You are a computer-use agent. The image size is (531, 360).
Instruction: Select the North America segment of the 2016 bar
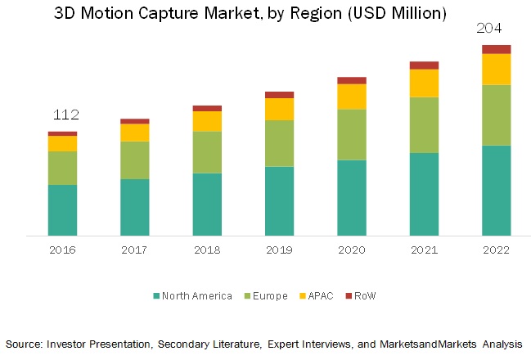[x=62, y=210]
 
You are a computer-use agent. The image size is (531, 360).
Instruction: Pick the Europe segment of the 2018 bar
[x=207, y=152]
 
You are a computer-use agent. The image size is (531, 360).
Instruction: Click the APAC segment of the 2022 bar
[x=496, y=70]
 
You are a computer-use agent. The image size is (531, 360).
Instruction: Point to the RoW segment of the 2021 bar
[x=424, y=65]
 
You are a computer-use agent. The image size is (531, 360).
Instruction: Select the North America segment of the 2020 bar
[x=352, y=198]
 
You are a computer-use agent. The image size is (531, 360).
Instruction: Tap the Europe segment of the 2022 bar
[x=496, y=115]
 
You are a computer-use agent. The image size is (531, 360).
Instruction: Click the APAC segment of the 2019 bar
[x=279, y=110]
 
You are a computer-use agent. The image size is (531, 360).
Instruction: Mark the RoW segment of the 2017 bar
[x=134, y=121]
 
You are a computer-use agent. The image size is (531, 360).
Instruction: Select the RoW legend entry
[x=364, y=295]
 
